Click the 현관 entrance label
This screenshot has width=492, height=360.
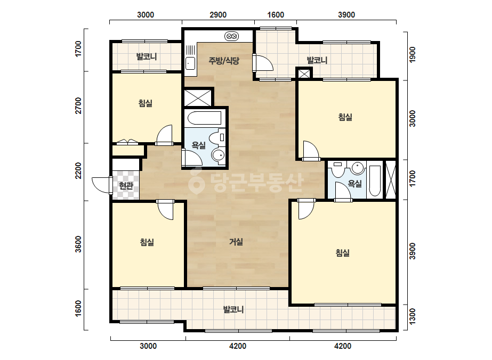[126, 186]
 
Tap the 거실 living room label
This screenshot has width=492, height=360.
[236, 242]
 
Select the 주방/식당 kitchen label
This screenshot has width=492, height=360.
[224, 61]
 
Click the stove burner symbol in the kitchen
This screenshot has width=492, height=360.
[232, 37]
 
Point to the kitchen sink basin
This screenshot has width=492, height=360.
[190, 64]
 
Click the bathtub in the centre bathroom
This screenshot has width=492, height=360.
[205, 118]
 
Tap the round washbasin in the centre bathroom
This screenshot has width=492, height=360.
[218, 154]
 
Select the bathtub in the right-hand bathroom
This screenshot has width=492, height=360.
[374, 181]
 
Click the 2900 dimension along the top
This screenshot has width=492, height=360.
[218, 15]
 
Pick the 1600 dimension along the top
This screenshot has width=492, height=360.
[276, 15]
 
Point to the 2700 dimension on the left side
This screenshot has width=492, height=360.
[78, 105]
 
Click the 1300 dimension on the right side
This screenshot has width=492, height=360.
[413, 317]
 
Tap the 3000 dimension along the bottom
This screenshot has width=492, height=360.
[148, 346]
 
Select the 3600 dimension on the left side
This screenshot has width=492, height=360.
[78, 244]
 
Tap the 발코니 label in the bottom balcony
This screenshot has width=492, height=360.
[233, 310]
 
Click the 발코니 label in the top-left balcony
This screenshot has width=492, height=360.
[146, 57]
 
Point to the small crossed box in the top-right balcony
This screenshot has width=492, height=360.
[304, 74]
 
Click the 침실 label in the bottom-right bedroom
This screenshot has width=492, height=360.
[342, 253]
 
